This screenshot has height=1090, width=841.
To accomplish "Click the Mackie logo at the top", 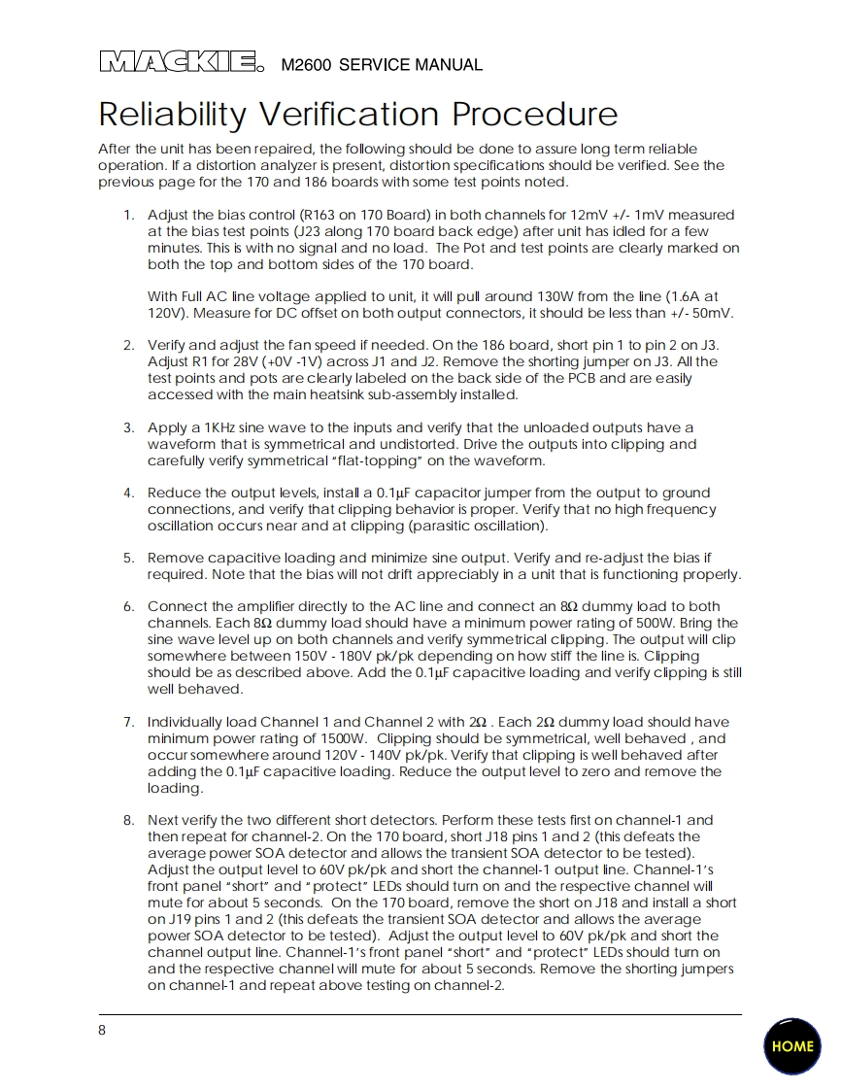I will click(x=181, y=63).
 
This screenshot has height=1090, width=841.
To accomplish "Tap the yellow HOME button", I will click(x=792, y=1046).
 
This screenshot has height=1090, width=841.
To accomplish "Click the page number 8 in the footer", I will click(x=102, y=1031).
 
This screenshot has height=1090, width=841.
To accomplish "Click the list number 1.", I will click(x=128, y=215).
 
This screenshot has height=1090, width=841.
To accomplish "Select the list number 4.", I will click(x=128, y=493).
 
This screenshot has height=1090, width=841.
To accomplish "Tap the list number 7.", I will click(x=128, y=722).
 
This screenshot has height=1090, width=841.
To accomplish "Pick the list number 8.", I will click(x=128, y=820).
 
